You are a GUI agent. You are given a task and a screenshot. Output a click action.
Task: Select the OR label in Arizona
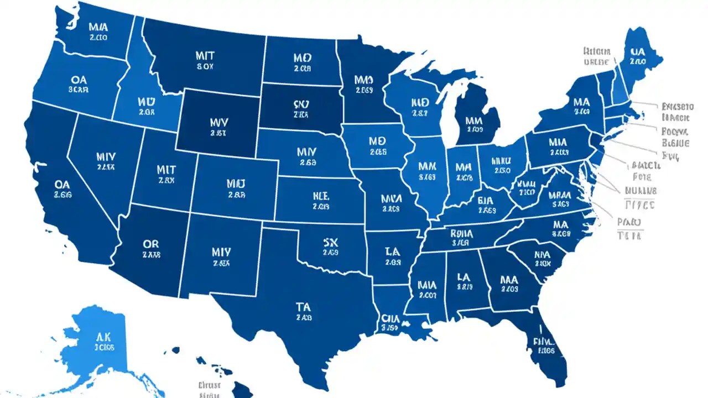pos(150,244)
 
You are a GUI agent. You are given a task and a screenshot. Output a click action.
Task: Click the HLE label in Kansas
pos(320,196)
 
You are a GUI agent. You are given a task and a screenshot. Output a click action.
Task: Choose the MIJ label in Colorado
pos(236,182)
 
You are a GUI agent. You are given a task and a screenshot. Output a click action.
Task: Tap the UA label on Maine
pos(637,51)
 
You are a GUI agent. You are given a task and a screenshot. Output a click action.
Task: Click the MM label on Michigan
pos(475,119)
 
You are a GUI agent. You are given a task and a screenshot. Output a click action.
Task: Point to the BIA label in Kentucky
pos(486,201)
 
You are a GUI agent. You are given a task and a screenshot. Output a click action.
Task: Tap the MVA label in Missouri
pos(391,197)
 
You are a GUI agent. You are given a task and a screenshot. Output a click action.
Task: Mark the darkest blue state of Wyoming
pos(216,119)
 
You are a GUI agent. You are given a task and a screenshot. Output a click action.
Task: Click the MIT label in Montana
pos(205,56)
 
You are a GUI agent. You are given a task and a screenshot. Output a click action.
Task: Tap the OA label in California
pos(61,184)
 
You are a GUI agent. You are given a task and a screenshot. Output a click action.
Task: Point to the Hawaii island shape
pos(242,388)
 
